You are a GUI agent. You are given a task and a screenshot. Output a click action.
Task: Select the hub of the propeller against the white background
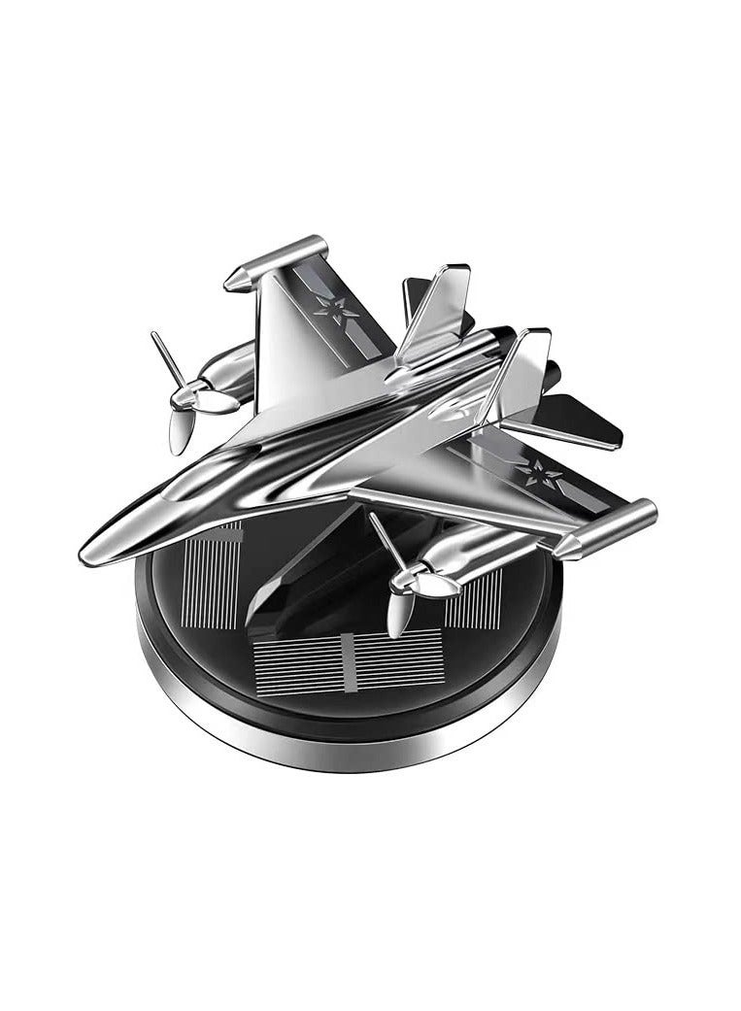(190, 395)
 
